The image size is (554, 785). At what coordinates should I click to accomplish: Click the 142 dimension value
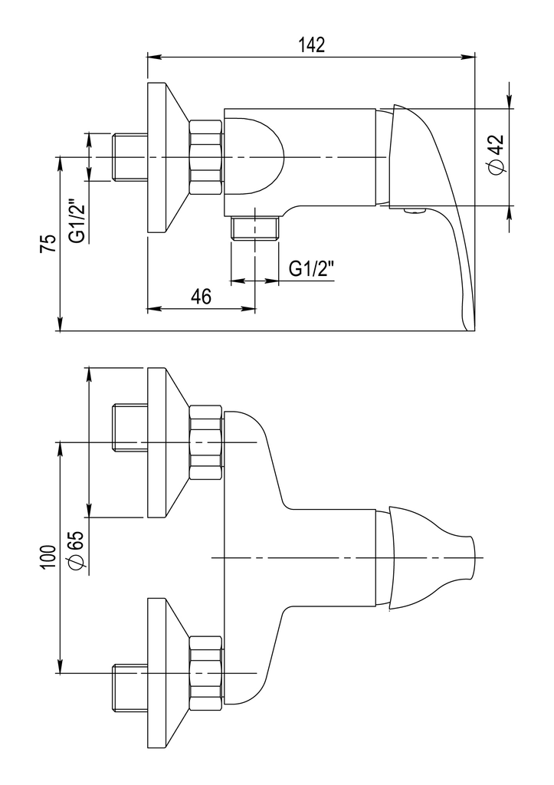pos(311,44)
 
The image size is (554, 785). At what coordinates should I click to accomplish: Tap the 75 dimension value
pos(48,245)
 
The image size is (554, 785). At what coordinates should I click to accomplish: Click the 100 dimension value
pos(48,557)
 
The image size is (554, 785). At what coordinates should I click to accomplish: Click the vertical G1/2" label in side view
pos(77,221)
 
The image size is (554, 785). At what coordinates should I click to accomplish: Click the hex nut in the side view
pos(205,156)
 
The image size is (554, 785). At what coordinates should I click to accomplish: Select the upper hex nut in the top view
pos(205,443)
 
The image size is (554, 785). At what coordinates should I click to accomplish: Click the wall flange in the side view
pos(160,156)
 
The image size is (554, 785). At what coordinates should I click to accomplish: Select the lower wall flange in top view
pos(160,673)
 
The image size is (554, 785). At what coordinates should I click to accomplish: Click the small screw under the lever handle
pos(415,211)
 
